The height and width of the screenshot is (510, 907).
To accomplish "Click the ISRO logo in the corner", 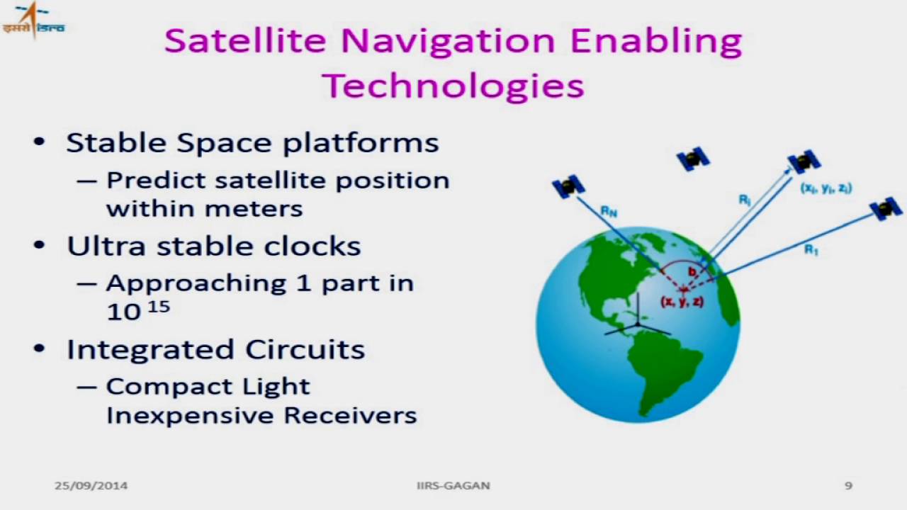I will click(x=33, y=20).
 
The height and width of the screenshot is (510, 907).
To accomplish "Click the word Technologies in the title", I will click(x=453, y=86).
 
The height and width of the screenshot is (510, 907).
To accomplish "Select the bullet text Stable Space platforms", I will click(x=252, y=142).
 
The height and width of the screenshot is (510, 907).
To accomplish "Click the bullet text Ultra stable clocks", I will click(x=213, y=246).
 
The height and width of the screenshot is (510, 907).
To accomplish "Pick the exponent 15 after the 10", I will click(x=159, y=306).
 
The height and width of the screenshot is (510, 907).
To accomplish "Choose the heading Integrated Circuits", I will click(x=215, y=349).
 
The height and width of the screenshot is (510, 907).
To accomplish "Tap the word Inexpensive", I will click(x=191, y=415).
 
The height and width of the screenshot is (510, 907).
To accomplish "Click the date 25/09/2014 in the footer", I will click(x=91, y=486).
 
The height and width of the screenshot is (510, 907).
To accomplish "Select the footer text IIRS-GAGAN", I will click(x=453, y=486).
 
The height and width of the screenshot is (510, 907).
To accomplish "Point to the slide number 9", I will click(x=848, y=486).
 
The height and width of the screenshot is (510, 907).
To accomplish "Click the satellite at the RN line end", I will click(x=568, y=186).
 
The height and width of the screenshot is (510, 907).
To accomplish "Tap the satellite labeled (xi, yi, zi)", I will click(x=804, y=162).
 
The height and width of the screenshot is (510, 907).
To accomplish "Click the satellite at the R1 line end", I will click(x=886, y=209).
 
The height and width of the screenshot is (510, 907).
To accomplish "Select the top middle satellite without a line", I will click(x=693, y=159).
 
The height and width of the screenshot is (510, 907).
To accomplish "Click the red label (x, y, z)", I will click(x=682, y=302).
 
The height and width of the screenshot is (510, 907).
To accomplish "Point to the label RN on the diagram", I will click(x=609, y=210).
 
